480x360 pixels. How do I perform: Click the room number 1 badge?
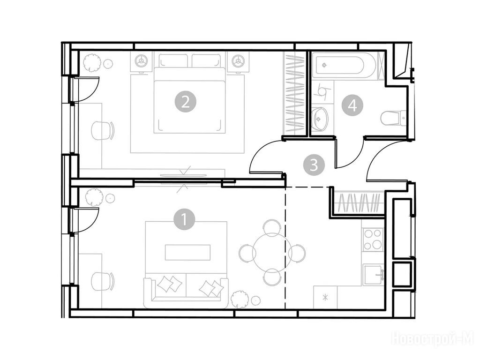click(x=184, y=219)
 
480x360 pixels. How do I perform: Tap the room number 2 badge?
click(x=185, y=102)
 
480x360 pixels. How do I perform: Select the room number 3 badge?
click(x=314, y=165)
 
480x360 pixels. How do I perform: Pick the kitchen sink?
click(x=374, y=275)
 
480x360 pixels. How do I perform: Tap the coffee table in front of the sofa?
click(x=187, y=252)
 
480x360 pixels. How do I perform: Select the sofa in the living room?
click(x=186, y=292)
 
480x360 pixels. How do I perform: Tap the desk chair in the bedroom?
click(x=102, y=131)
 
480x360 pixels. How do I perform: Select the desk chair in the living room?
click(x=102, y=281)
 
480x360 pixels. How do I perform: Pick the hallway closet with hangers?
click(x=358, y=202)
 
